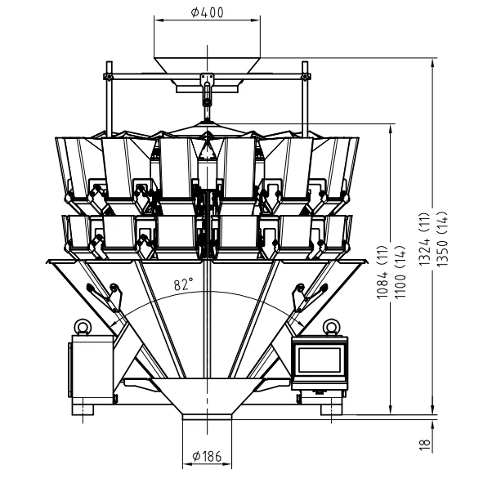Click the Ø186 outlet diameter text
(x=208, y=456)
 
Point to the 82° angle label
(x=183, y=285)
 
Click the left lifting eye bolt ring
(x=81, y=326)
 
